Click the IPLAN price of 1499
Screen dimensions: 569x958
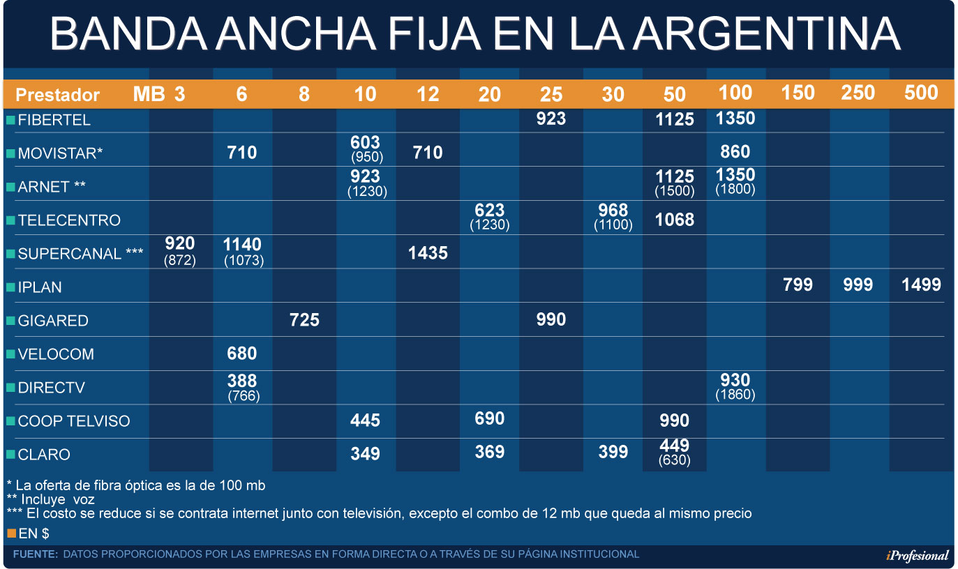click(x=921, y=284)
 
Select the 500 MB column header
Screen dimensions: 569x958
click(x=921, y=93)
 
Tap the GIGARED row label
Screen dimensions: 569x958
click(x=53, y=321)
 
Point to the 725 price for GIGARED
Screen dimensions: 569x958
click(x=304, y=320)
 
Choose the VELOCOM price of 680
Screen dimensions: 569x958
click(x=241, y=354)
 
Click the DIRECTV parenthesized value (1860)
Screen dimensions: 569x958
click(x=735, y=395)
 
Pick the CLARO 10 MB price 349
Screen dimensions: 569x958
click(x=365, y=454)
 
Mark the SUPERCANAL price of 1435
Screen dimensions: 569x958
click(x=428, y=253)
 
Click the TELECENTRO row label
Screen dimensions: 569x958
click(x=69, y=220)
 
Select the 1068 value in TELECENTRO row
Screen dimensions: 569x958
click(x=675, y=220)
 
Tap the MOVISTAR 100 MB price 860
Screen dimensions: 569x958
click(x=735, y=151)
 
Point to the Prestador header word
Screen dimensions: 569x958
click(x=58, y=95)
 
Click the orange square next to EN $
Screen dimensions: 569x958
click(x=11, y=533)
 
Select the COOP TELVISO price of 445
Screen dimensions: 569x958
click(x=365, y=420)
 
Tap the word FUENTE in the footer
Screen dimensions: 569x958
click(x=35, y=554)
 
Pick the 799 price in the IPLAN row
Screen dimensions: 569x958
click(x=798, y=284)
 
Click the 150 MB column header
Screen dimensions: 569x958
click(x=798, y=93)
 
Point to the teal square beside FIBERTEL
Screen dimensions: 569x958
click(x=11, y=120)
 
